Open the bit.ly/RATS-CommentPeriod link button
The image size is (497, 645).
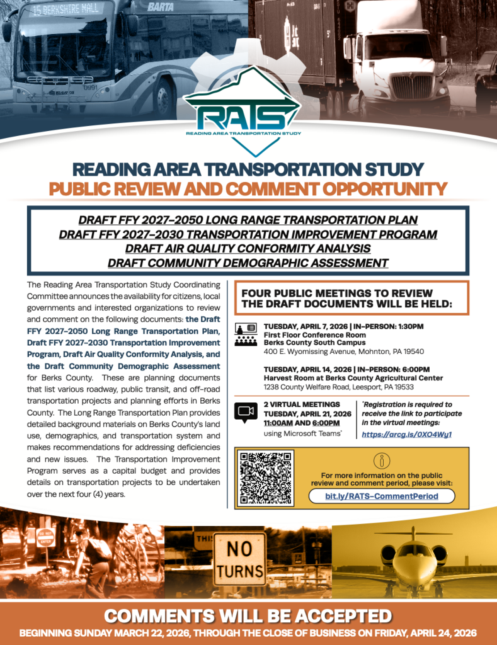point(382,496)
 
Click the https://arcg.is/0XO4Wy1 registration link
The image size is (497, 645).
point(407,435)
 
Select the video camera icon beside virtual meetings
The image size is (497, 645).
point(246,411)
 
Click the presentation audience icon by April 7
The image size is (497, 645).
point(246,334)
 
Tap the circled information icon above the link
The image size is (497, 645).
point(382,460)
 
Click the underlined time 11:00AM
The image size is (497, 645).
point(280,423)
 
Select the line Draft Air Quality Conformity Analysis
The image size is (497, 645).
point(248,248)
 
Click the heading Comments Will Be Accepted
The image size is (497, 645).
point(248,615)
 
